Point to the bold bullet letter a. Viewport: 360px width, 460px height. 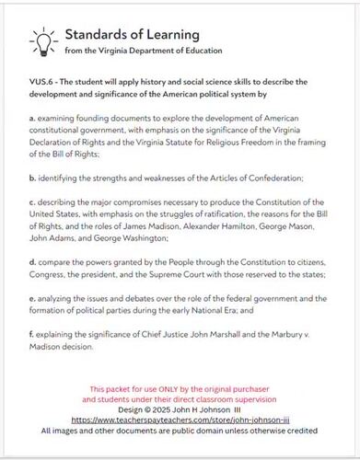click(x=32, y=120)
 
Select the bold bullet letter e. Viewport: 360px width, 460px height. click(x=32, y=299)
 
